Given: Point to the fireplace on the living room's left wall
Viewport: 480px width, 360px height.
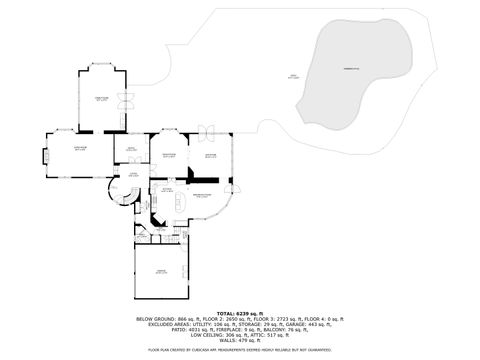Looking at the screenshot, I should [x=44, y=156].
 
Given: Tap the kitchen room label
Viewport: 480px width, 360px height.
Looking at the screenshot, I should [x=168, y=188].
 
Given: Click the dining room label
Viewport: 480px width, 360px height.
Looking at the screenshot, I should [x=169, y=155].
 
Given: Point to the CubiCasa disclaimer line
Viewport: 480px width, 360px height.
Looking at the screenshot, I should [x=239, y=350].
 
